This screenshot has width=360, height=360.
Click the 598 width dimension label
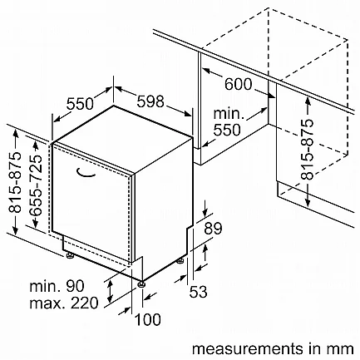150,101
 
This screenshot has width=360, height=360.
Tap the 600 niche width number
238,84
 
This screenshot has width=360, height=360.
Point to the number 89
213,229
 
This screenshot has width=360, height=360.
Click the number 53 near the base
198,292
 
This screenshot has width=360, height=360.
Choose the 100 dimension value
147,319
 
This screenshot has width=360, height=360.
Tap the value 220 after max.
85,303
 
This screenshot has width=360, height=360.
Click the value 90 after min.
75,286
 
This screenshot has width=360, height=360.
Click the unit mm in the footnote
343,349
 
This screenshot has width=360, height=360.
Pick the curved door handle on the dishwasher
85,173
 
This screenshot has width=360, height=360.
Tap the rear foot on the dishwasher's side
180,260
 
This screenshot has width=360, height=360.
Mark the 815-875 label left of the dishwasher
15,182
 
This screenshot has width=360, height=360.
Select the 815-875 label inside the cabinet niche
308,150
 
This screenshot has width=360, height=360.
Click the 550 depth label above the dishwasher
80,104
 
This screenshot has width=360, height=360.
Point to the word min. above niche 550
229,114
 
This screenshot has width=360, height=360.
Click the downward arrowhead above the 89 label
205,213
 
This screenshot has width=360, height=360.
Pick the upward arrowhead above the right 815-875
308,101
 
